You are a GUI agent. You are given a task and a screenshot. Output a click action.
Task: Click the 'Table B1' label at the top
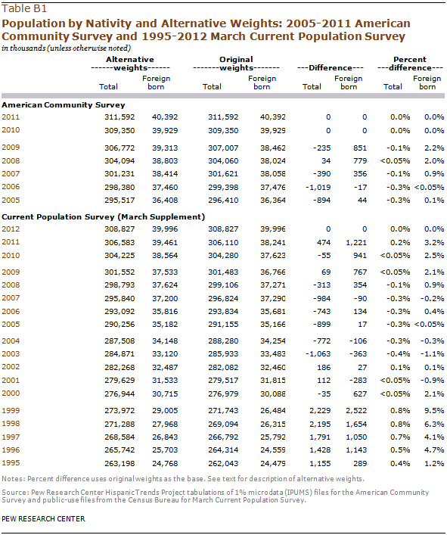pos(24,8)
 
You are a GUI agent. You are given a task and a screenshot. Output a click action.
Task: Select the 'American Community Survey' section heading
pos(64,104)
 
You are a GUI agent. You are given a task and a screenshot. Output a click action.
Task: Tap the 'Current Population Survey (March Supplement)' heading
pos(104,217)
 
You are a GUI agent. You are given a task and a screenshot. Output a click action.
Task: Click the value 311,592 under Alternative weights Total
pos(120,117)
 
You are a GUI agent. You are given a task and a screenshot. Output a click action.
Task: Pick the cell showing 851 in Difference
pos(360,148)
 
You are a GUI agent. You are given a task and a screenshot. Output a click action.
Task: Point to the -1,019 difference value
pos(318,188)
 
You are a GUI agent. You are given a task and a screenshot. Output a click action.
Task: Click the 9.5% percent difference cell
pos(434,410)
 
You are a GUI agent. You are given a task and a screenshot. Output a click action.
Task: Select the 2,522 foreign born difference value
pos(356,410)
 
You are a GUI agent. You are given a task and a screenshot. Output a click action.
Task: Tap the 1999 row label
pos(11,410)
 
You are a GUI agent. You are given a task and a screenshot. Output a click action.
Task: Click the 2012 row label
pos(11,229)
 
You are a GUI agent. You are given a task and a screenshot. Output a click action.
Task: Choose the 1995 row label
pos(11,463)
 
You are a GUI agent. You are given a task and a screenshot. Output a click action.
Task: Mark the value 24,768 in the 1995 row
pos(165,464)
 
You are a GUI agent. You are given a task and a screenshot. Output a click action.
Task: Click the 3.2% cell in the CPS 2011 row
pos(434,243)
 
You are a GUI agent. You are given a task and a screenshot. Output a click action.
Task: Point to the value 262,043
pos(223,464)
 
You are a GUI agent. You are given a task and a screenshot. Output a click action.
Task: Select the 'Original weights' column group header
pos(236,64)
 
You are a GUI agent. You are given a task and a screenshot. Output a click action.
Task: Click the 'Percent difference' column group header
pos(410,64)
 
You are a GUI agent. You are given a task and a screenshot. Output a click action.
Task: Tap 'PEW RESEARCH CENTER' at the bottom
pos(43,519)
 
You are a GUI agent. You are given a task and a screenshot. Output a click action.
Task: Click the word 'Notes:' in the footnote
pos(14,479)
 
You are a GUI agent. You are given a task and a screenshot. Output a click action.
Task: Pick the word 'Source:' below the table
pos(15,493)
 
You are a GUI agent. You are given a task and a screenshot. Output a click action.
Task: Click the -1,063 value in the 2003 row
pos(318,354)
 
